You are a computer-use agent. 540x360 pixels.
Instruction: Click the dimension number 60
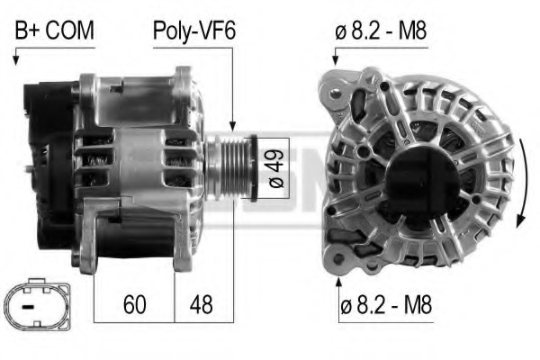point(134,304)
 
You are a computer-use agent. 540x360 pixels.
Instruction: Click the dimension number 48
point(201,304)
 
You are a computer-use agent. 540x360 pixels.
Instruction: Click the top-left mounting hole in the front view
point(337,93)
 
